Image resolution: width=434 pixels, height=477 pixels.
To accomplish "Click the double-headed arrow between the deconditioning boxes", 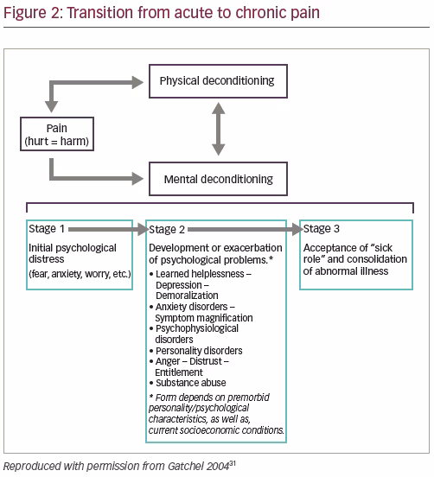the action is click(218, 129).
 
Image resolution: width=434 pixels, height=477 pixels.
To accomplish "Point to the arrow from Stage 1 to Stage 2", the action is click(109, 229).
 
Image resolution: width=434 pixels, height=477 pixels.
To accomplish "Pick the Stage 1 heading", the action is click(47, 229).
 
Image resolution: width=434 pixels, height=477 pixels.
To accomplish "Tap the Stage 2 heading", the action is click(167, 229).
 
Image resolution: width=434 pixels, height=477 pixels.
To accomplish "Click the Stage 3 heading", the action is click(321, 229).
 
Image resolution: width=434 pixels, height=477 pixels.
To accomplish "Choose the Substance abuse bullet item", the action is click(188, 383).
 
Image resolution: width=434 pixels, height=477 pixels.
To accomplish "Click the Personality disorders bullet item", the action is click(196, 351).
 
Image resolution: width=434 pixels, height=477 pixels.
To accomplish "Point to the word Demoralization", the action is click(187, 296).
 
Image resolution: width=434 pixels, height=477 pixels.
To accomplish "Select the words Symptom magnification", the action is click(204, 318).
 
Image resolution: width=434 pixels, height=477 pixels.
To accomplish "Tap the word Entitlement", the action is click(179, 372).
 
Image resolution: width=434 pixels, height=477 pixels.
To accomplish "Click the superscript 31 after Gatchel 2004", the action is click(233, 464).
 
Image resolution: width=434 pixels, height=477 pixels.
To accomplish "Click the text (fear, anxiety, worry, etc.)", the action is click(80, 274).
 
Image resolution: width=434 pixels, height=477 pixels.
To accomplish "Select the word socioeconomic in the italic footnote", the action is click(207, 430).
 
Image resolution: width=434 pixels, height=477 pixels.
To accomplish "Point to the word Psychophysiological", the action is click(197, 329).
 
